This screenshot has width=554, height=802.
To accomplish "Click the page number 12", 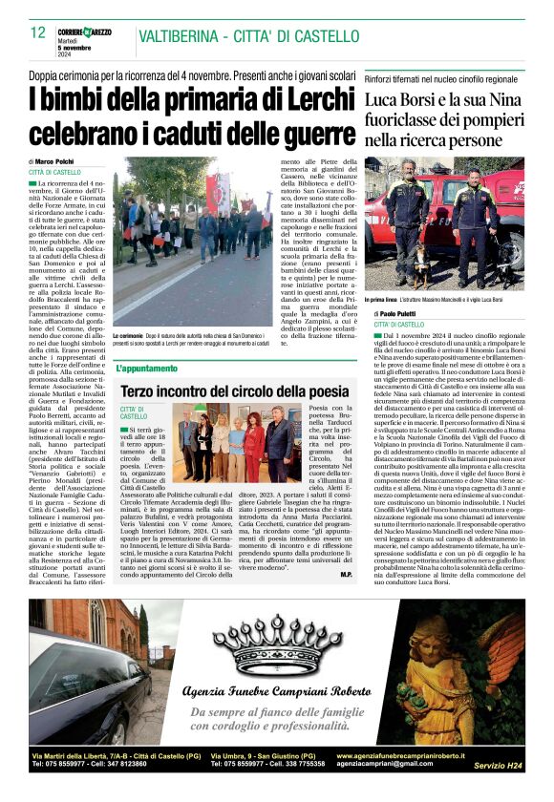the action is [38, 33].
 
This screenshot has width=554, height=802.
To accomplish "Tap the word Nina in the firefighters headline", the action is [497, 100].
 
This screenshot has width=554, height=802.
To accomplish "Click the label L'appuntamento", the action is [147, 368].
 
